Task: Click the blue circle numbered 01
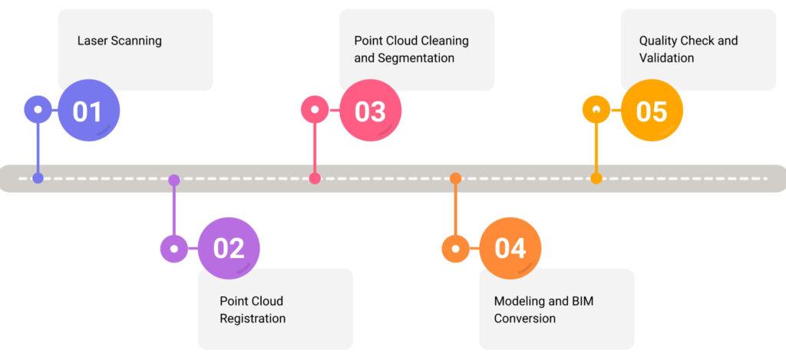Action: tap(89, 111)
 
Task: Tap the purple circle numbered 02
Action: tap(229, 249)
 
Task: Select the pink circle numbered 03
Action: tap(370, 111)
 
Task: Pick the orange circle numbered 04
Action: tap(510, 249)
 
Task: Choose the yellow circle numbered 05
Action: tap(652, 111)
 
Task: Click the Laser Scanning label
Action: tap(119, 41)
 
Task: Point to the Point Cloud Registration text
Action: tap(253, 309)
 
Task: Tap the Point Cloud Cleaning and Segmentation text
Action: tap(411, 49)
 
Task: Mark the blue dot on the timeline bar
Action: tap(38, 178)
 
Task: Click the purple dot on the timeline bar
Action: tap(174, 180)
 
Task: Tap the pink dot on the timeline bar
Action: tap(315, 178)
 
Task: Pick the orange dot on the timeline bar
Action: tap(455, 178)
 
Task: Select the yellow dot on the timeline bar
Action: tap(596, 178)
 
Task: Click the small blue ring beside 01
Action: tap(38, 110)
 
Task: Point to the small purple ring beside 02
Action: tap(174, 249)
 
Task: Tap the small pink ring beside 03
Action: tap(315, 110)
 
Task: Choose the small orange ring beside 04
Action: tap(455, 249)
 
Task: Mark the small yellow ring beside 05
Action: tap(596, 110)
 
